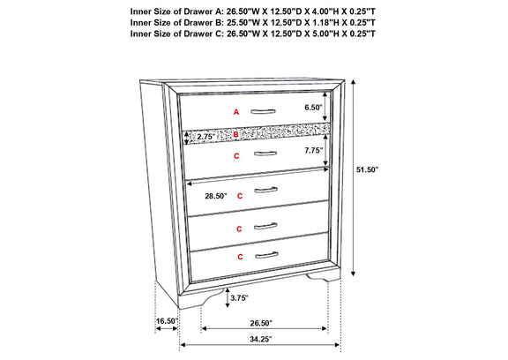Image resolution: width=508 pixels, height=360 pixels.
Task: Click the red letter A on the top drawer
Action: pyautogui.click(x=236, y=112)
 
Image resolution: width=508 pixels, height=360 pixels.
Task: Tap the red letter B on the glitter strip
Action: pyautogui.click(x=235, y=134)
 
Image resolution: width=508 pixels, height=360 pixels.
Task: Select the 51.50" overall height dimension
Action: pyautogui.click(x=368, y=169)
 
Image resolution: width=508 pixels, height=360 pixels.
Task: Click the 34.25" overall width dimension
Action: pyautogui.click(x=260, y=339)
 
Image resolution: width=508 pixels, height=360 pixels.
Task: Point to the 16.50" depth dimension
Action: pyautogui.click(x=168, y=321)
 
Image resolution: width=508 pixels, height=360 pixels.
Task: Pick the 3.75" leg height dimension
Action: pyautogui.click(x=239, y=298)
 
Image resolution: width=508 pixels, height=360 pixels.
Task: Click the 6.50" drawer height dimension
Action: pyautogui.click(x=313, y=108)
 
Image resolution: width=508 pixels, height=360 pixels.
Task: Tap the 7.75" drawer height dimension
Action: pyautogui.click(x=314, y=150)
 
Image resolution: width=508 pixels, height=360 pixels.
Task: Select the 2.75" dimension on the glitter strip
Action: pyautogui.click(x=206, y=137)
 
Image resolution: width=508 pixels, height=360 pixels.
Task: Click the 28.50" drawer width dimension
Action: pyautogui.click(x=216, y=196)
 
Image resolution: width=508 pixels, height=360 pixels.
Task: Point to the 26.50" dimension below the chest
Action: pyautogui.click(x=261, y=323)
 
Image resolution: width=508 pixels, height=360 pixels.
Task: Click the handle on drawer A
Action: pyautogui.click(x=263, y=112)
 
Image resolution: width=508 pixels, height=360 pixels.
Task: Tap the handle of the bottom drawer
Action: pyautogui.click(x=266, y=256)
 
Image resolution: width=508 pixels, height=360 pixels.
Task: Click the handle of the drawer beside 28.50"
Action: pyautogui.click(x=265, y=190)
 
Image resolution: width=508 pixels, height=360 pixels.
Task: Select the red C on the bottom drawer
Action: pyautogui.click(x=240, y=257)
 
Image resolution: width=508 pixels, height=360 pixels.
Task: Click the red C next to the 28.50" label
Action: pyautogui.click(x=240, y=196)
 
